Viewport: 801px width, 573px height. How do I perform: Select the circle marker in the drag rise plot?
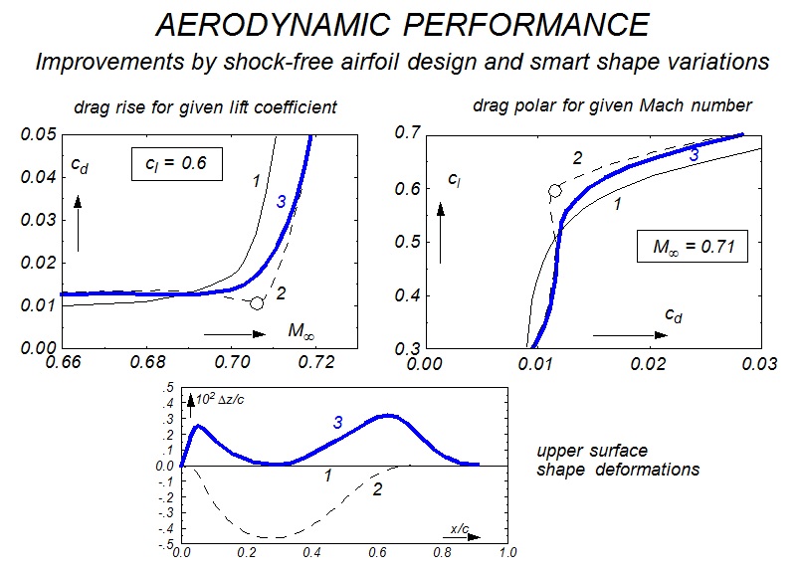click(x=257, y=302)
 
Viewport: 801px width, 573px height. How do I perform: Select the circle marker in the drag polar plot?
click(x=555, y=190)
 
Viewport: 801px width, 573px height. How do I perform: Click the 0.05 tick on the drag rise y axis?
click(x=38, y=133)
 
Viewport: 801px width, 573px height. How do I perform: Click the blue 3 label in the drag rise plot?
click(x=282, y=202)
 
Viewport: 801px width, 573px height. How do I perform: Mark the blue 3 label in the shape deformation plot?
click(x=337, y=423)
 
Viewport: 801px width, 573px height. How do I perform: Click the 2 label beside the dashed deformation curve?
click(x=377, y=489)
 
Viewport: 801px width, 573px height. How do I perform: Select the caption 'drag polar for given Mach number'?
click(x=610, y=105)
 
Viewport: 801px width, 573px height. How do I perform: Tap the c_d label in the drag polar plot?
click(x=674, y=314)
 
